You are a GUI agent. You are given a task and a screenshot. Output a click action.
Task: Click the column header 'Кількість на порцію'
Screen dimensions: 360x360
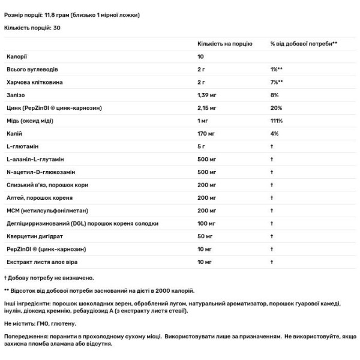[225, 44]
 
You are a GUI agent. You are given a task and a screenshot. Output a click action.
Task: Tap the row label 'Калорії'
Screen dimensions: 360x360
[16, 57]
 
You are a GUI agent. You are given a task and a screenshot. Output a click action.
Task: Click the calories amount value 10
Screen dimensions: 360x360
[202, 57]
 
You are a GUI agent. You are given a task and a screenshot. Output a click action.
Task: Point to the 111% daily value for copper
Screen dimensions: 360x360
[277, 122]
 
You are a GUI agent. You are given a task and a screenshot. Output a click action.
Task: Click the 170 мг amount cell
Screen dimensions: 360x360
[208, 134]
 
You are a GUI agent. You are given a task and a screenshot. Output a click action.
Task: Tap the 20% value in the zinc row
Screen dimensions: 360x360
[275, 108]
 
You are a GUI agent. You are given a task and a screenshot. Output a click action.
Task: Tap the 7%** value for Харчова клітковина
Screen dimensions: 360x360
[277, 82]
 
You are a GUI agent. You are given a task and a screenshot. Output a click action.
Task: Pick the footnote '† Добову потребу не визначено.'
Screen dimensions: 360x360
[49, 278]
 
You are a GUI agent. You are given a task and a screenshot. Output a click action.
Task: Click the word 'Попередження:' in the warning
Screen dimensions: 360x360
[25, 338]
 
